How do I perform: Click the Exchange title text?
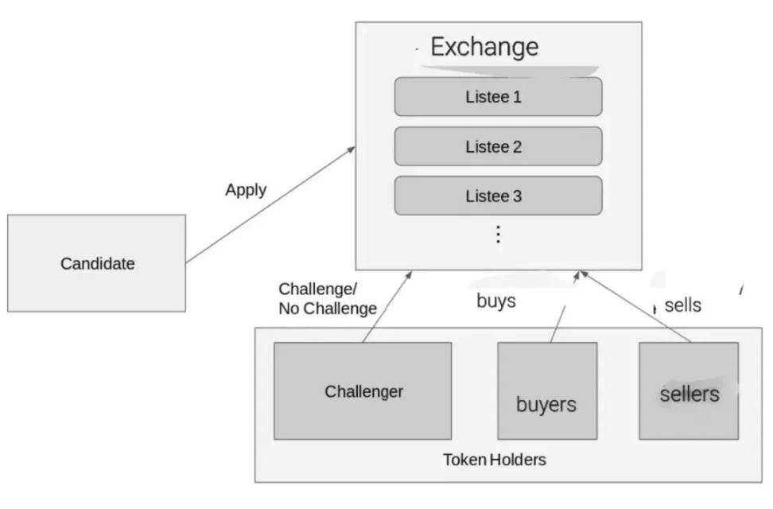(x=484, y=48)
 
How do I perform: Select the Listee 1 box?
(x=498, y=97)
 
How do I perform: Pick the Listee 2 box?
(x=498, y=146)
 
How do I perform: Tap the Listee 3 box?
(x=498, y=196)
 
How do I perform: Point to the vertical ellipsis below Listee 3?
(x=499, y=235)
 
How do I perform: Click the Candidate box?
(x=97, y=263)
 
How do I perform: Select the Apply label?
(x=246, y=190)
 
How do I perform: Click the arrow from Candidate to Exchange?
(x=270, y=204)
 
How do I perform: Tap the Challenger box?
(x=363, y=391)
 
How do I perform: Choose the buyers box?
(x=547, y=391)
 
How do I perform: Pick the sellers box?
(x=689, y=391)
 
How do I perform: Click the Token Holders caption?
(x=495, y=460)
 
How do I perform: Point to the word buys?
(x=496, y=301)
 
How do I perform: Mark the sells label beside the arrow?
(x=683, y=305)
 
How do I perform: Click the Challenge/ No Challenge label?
(x=328, y=298)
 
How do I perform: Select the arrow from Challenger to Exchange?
(x=387, y=306)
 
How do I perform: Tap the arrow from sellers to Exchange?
(x=635, y=306)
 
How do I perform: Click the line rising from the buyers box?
(x=558, y=324)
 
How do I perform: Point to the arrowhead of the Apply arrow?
(x=352, y=149)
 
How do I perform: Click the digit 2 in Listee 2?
(x=517, y=146)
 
